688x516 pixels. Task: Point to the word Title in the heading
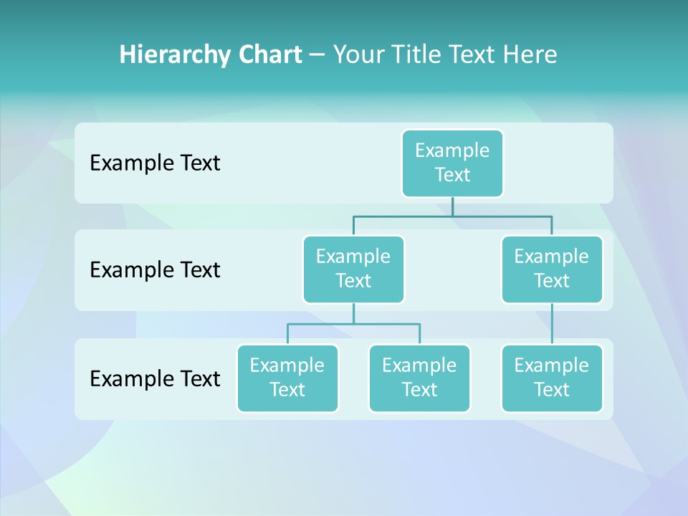(x=416, y=54)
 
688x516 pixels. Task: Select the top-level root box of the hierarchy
(x=452, y=163)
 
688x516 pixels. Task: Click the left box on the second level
(x=353, y=269)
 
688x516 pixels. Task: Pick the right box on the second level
(x=552, y=269)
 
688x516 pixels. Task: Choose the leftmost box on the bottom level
(x=287, y=378)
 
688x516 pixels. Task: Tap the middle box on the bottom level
(x=419, y=378)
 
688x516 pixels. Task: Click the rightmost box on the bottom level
(x=552, y=378)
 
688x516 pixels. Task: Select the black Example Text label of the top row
(x=155, y=163)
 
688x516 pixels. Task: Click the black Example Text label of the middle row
(x=155, y=270)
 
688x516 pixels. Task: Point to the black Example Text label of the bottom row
(x=155, y=378)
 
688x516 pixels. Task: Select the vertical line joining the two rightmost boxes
(x=552, y=323)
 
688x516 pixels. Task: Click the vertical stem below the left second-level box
(x=353, y=313)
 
